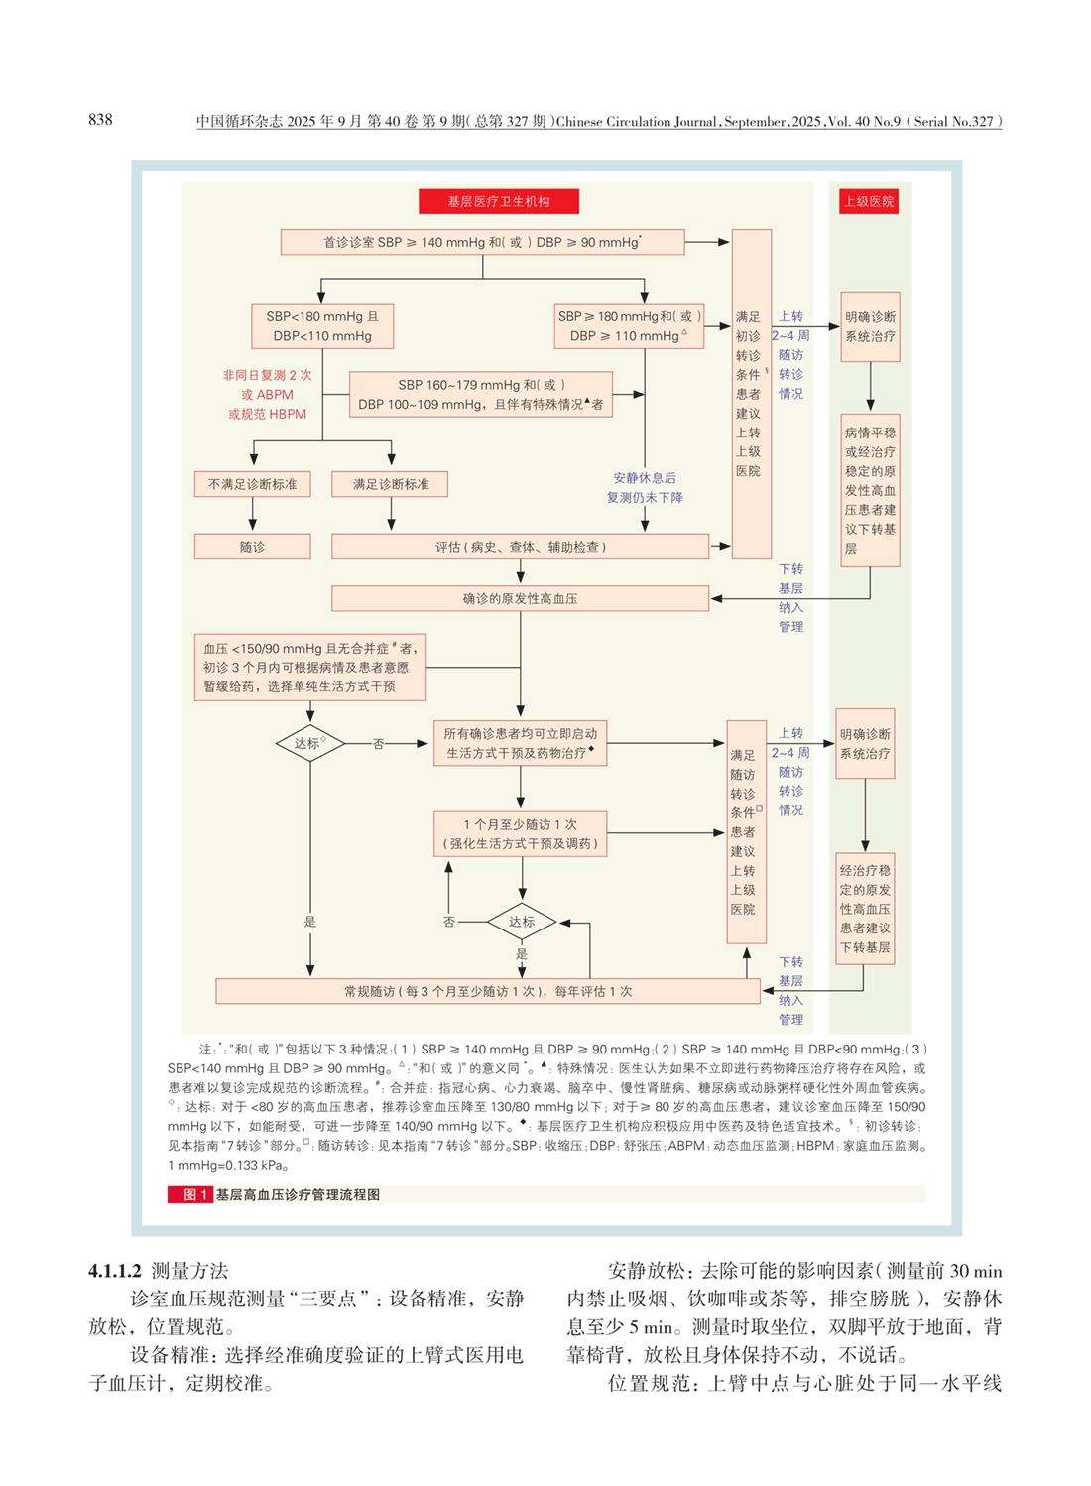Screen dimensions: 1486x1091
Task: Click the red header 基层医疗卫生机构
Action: click(x=498, y=201)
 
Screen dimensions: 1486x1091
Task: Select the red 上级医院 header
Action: click(x=869, y=201)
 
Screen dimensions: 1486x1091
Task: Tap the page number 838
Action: click(x=100, y=120)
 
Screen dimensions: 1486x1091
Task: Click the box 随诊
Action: click(x=252, y=547)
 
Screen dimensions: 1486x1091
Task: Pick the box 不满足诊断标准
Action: click(x=252, y=484)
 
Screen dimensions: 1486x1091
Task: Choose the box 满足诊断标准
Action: click(x=391, y=484)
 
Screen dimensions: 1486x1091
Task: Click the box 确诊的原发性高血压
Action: click(x=520, y=598)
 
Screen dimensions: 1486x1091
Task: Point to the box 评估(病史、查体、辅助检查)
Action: click(x=520, y=547)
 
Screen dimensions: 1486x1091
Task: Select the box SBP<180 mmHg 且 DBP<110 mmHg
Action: click(x=322, y=326)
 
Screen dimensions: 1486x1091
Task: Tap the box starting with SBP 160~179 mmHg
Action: click(x=481, y=394)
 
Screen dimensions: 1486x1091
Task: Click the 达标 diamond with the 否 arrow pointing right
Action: click(x=309, y=743)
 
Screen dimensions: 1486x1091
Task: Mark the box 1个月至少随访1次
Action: click(x=520, y=834)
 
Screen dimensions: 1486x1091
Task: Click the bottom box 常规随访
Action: click(x=487, y=991)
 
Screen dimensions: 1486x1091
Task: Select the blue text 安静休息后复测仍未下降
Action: click(x=645, y=487)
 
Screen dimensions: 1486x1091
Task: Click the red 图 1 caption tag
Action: click(x=189, y=1194)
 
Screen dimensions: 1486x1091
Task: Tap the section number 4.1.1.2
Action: click(x=115, y=1271)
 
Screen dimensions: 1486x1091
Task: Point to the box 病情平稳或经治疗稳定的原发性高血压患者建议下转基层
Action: click(x=870, y=490)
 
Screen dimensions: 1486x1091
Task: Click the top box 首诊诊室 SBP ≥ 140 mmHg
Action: click(x=482, y=242)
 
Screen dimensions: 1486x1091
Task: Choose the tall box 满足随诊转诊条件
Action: click(x=746, y=831)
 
